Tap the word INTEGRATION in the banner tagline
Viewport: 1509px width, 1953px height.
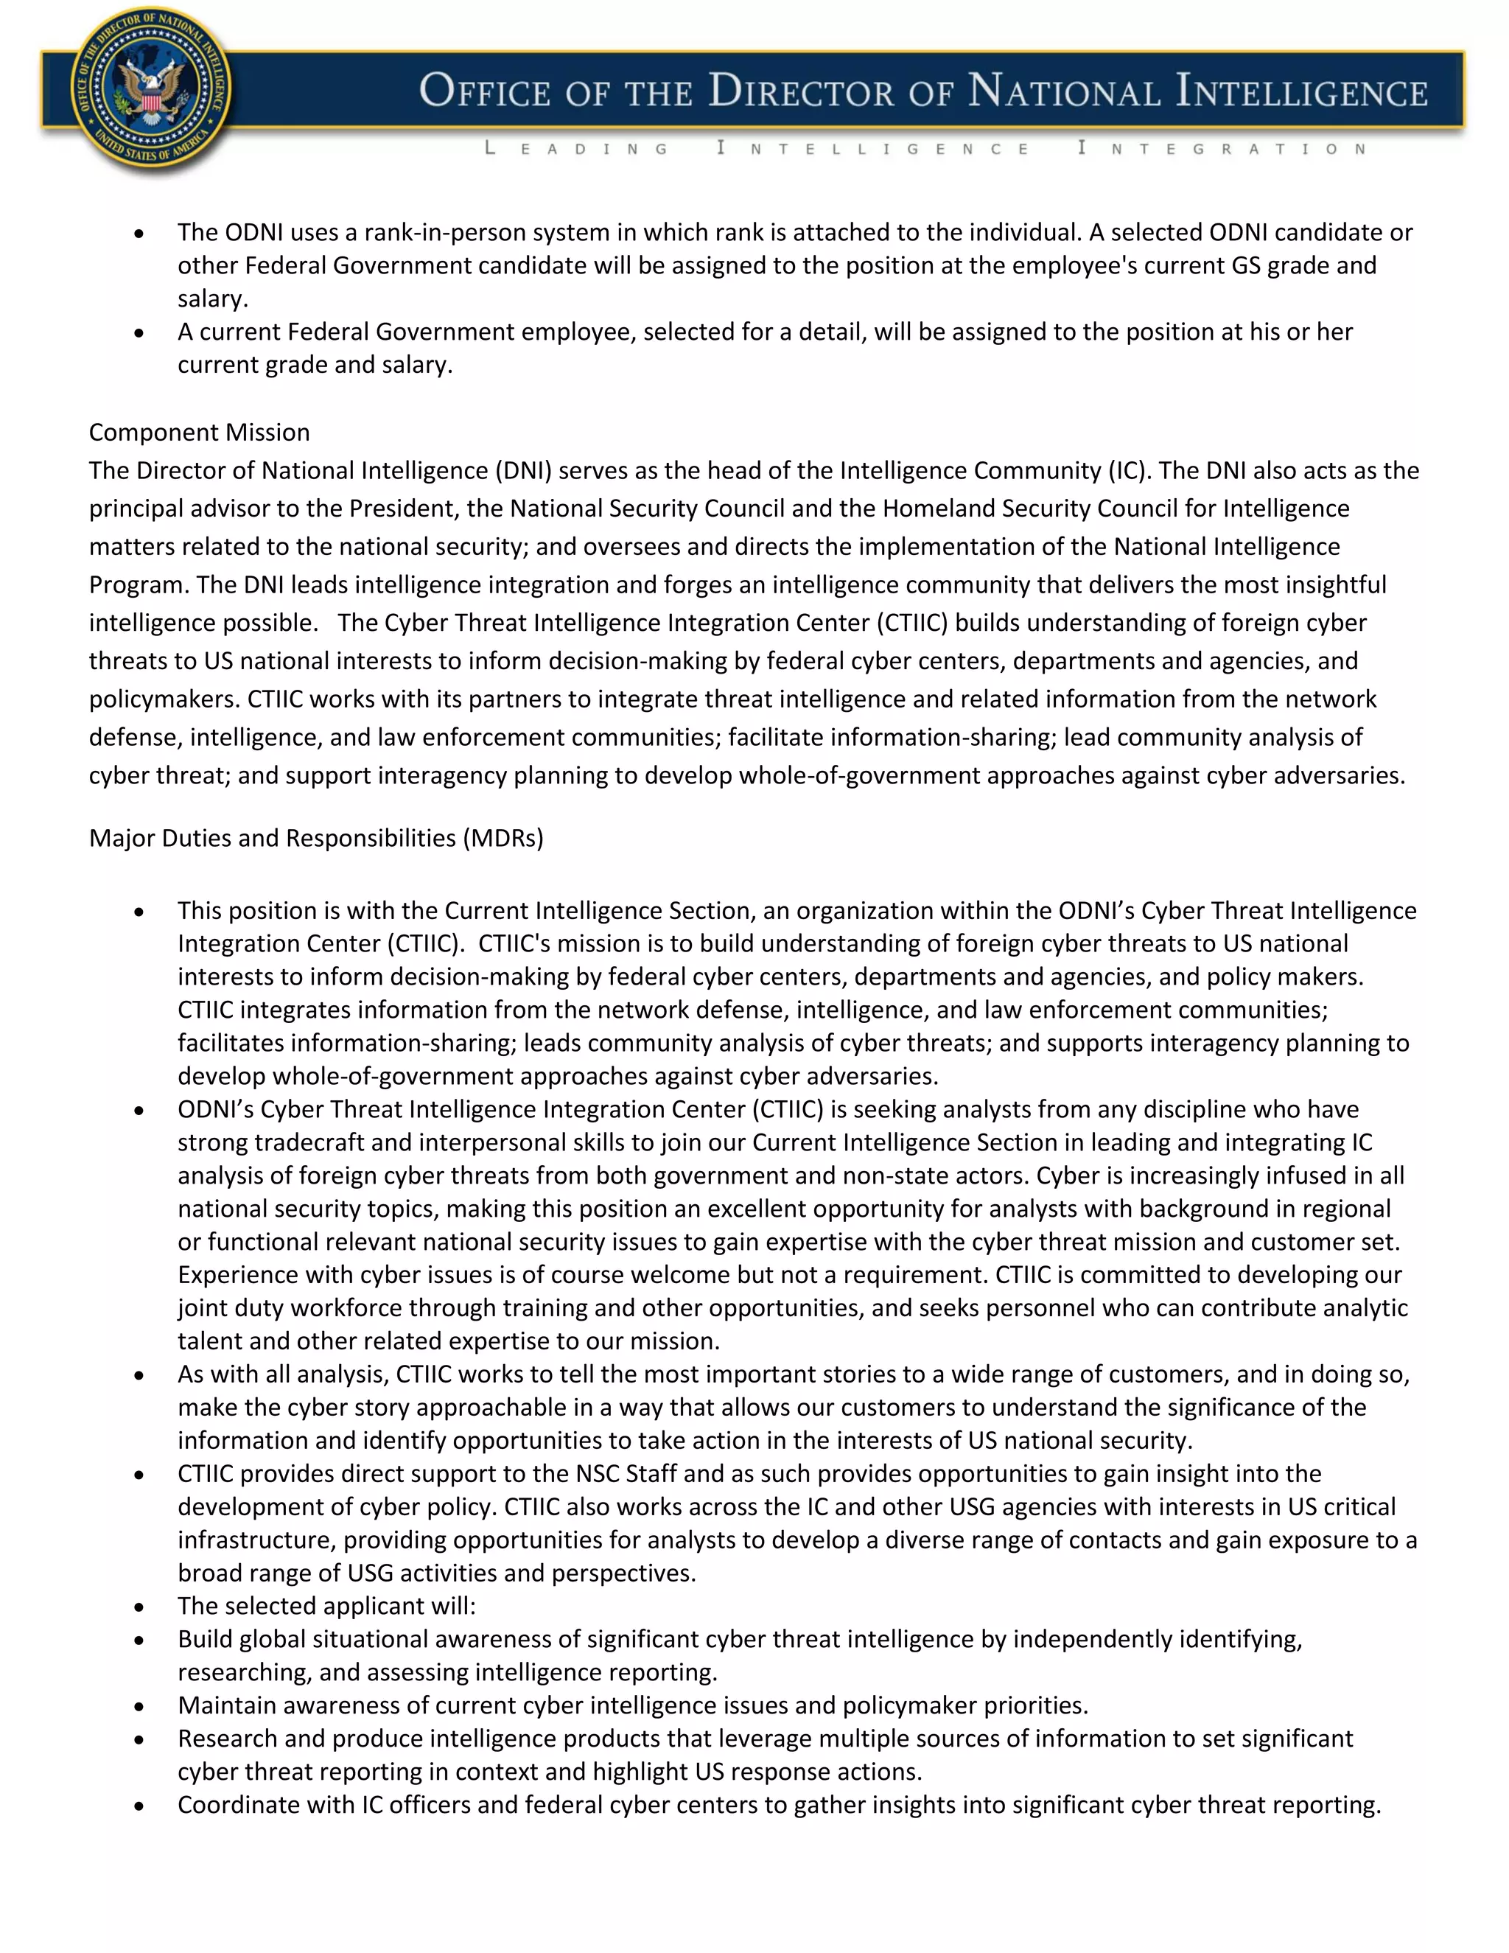[1223, 148]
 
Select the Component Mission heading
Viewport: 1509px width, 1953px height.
[200, 432]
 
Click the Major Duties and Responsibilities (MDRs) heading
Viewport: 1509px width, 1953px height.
[315, 838]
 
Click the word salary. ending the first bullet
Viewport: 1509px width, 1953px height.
[213, 298]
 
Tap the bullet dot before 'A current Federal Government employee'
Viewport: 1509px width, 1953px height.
[139, 332]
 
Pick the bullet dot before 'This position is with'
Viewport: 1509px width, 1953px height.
[139, 911]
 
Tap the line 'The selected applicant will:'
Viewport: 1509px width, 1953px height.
[326, 1605]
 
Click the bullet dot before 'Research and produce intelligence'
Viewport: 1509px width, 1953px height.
[139, 1739]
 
